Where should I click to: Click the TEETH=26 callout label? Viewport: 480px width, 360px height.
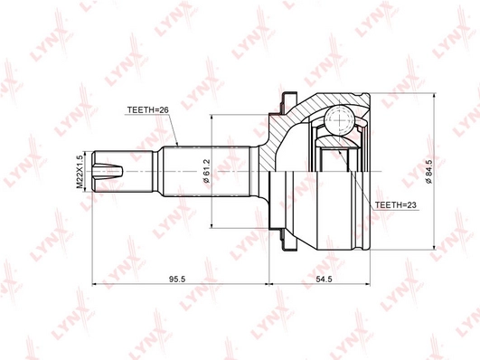[147, 110]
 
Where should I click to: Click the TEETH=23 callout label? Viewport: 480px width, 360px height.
[396, 205]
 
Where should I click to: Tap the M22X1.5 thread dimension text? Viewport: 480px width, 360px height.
[80, 172]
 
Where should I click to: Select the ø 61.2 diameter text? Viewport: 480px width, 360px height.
[206, 171]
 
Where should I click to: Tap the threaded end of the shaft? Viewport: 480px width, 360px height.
[122, 172]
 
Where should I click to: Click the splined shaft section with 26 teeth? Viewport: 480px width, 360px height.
[207, 171]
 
